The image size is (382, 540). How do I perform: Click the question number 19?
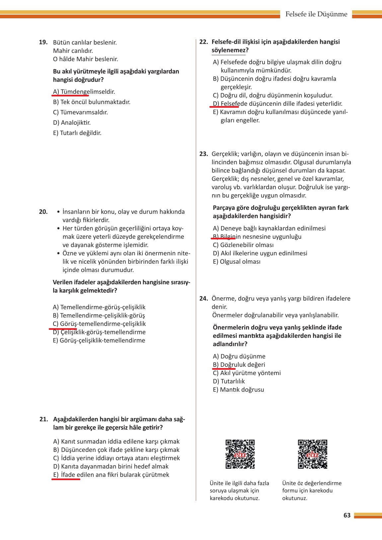pyautogui.click(x=43, y=43)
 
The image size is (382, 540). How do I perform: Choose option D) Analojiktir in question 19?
pyautogui.click(x=72, y=123)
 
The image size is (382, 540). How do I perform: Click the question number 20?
pyautogui.click(x=43, y=212)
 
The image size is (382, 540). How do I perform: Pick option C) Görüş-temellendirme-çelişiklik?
pyautogui.click(x=99, y=324)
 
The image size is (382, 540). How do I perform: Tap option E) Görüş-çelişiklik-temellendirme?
pyautogui.click(x=99, y=340)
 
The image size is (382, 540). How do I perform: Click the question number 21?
pyautogui.click(x=44, y=419)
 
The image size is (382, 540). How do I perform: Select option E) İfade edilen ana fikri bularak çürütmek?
pyautogui.click(x=111, y=475)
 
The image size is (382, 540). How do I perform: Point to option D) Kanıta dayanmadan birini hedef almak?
pyautogui.click(x=111, y=467)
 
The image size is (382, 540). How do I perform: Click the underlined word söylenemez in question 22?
pyautogui.click(x=228, y=50)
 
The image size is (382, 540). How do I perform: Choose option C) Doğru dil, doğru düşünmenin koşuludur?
pyautogui.click(x=272, y=95)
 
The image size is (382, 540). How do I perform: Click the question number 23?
pyautogui.click(x=203, y=154)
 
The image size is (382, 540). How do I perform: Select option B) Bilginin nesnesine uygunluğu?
pyautogui.click(x=257, y=237)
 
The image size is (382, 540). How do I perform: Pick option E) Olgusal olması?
pyautogui.click(x=237, y=262)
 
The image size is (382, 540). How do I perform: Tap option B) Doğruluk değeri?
pyautogui.click(x=239, y=365)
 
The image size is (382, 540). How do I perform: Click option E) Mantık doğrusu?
pyautogui.click(x=239, y=390)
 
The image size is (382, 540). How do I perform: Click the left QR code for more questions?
pyautogui.click(x=240, y=454)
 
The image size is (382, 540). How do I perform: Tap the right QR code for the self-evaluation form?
pyautogui.click(x=312, y=454)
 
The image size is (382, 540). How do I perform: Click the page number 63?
pyautogui.click(x=347, y=515)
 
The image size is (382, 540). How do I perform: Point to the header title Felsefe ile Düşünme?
pyautogui.click(x=316, y=14)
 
